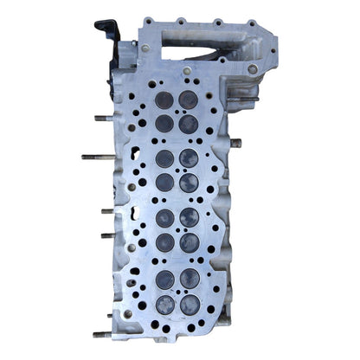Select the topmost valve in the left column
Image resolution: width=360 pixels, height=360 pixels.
[164, 100]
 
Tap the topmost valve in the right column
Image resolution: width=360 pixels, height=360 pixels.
[189, 100]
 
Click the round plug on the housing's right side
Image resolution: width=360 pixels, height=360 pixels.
[252, 68]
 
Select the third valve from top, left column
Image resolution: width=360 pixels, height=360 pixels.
[164, 158]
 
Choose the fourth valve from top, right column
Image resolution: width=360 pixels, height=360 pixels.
[189, 181]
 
